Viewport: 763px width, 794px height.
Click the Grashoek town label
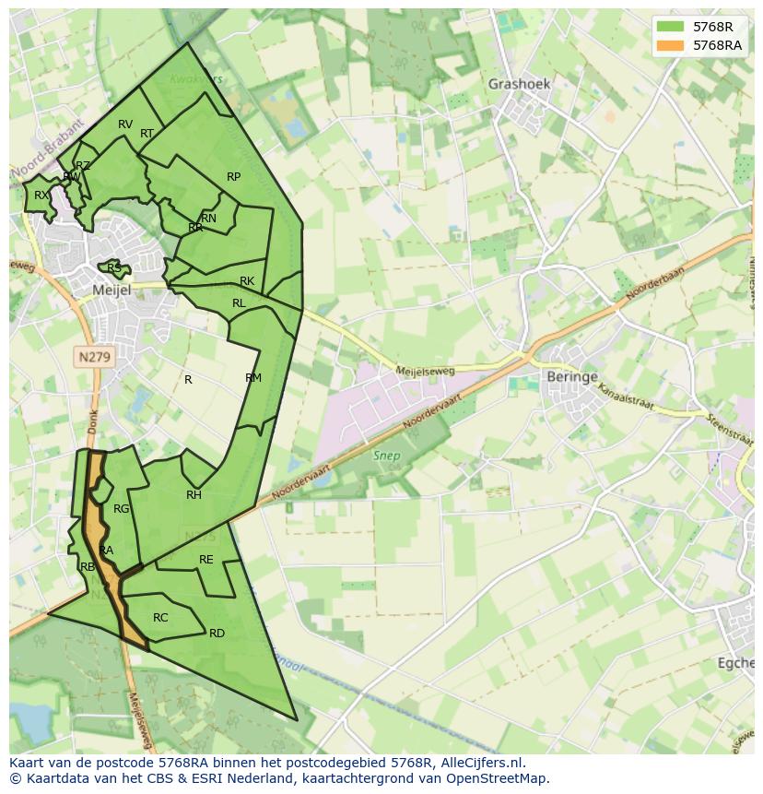(x=519, y=84)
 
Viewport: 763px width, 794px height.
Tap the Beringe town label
(x=572, y=377)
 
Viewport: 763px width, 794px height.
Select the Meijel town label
(x=112, y=290)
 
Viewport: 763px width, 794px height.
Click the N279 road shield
(x=93, y=356)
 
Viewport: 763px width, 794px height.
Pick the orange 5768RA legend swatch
(x=671, y=45)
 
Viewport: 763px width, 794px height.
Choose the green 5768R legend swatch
(x=671, y=27)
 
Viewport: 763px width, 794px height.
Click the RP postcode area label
(x=233, y=177)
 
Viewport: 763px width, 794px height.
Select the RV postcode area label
(x=125, y=124)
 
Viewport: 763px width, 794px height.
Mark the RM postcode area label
(x=253, y=378)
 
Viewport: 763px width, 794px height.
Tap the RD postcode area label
(x=217, y=634)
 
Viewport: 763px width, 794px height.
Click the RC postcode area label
(x=160, y=618)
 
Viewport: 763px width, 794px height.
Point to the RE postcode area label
(x=206, y=560)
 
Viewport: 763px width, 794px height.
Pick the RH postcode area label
(x=194, y=495)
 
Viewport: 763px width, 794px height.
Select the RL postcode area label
(x=239, y=303)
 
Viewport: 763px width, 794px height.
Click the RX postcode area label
(x=41, y=196)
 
